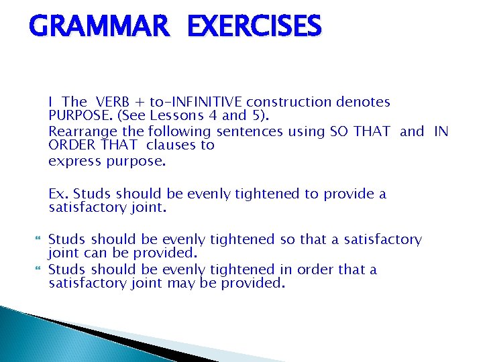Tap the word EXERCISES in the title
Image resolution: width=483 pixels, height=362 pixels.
(x=255, y=27)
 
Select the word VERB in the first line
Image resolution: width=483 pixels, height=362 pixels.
(x=113, y=102)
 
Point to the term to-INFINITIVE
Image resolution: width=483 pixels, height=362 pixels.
(x=196, y=102)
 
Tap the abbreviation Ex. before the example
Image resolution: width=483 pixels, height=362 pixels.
(x=58, y=194)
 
